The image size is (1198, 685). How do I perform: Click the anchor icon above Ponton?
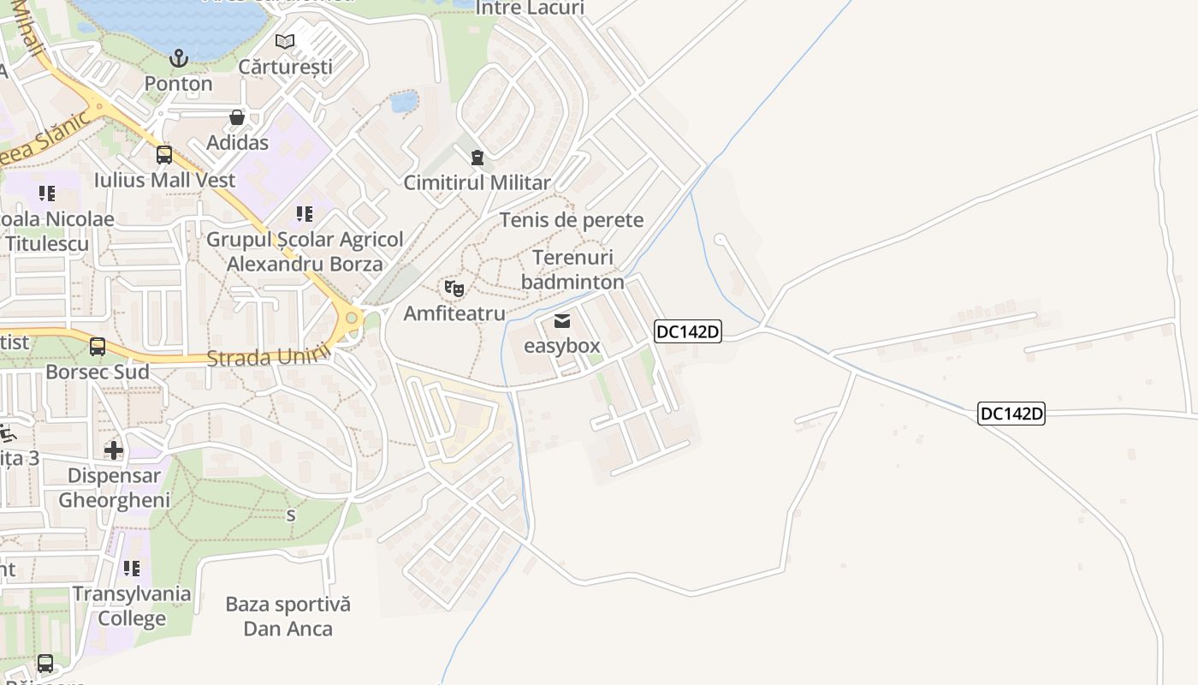(x=178, y=58)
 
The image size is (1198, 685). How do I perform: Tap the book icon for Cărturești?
(x=285, y=41)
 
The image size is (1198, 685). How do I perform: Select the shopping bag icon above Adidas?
(x=237, y=117)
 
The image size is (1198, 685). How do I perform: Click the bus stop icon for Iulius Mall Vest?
(x=164, y=155)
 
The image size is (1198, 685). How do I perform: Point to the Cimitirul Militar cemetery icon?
(x=477, y=158)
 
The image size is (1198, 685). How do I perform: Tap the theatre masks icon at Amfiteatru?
(x=454, y=289)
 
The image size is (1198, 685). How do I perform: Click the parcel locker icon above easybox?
(x=561, y=321)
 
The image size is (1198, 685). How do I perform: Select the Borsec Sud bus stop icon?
(x=98, y=347)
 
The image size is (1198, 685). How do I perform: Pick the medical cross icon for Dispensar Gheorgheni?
(x=114, y=450)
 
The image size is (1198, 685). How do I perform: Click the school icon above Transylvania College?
(x=132, y=569)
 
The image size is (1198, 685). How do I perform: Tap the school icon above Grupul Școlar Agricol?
(x=304, y=214)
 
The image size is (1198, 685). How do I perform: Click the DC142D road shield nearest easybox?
(x=688, y=331)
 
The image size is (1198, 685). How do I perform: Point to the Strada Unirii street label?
(x=269, y=357)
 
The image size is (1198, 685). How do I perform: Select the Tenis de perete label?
(x=572, y=220)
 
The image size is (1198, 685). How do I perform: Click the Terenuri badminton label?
(x=572, y=270)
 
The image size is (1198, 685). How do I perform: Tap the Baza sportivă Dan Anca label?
(x=288, y=616)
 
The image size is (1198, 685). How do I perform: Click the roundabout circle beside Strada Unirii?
(x=351, y=319)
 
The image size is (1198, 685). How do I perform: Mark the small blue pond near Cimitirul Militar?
(x=403, y=103)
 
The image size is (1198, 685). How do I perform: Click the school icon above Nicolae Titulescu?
(x=47, y=194)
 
